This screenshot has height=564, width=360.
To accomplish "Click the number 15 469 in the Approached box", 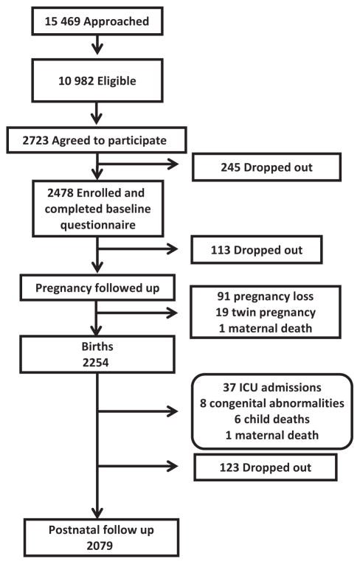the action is [63, 21].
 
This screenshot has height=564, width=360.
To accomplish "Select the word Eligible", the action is [117, 81].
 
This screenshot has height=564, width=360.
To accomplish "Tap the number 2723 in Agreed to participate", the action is [35, 140].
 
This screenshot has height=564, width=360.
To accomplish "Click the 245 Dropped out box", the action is [266, 167].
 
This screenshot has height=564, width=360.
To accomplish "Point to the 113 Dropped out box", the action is [256, 250].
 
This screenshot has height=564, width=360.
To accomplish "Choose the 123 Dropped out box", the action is [266, 467].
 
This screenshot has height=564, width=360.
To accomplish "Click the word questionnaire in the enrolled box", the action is [98, 225].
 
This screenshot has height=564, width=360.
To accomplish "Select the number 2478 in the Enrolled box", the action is [60, 193].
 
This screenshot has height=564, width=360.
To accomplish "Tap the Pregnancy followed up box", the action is [97, 288].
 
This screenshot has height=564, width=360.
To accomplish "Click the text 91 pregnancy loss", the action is [266, 296].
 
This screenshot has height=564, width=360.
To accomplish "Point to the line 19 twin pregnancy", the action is [266, 312].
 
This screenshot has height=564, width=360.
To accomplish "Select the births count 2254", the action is [96, 363].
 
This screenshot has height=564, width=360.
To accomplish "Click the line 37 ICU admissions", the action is [271, 387].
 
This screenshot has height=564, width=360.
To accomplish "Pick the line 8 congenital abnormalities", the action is [271, 403].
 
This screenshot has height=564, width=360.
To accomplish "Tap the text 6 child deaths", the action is [271, 419].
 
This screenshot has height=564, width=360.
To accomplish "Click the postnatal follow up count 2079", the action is [100, 546].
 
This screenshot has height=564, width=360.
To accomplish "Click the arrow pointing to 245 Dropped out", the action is [138, 164].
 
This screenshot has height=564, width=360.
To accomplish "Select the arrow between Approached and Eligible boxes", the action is [97, 44].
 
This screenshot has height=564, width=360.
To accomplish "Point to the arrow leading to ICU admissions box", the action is [138, 411].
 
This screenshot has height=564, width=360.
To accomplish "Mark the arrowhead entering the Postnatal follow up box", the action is [97, 512].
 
